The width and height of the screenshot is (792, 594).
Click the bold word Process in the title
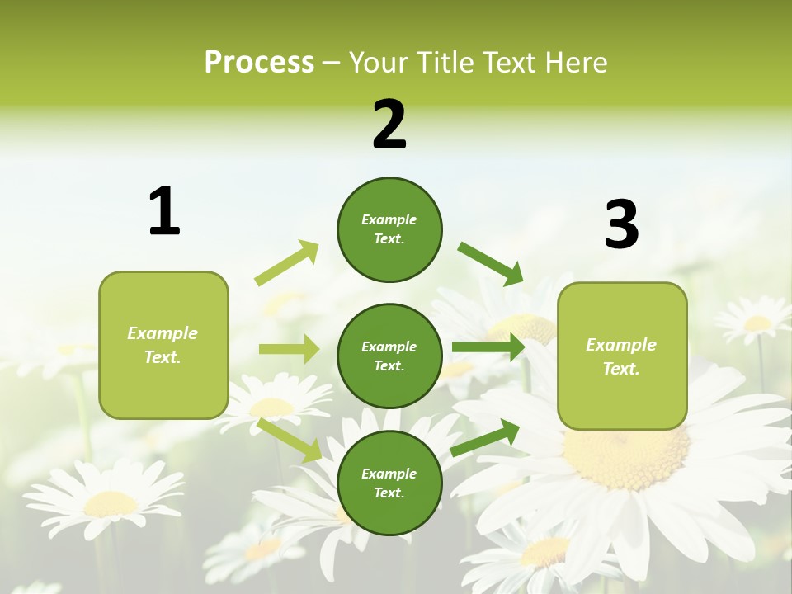[259, 62]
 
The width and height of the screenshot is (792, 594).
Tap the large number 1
[164, 211]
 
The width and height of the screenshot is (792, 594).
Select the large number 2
[389, 125]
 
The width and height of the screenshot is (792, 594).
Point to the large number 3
[621, 224]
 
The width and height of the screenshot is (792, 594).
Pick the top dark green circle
[389, 229]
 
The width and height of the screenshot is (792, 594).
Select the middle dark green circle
[389, 356]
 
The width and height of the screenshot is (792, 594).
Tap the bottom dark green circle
[389, 483]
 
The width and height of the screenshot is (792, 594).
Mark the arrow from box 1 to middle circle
[289, 349]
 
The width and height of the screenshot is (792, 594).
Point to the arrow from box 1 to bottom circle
[289, 439]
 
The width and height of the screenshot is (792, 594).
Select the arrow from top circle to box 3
[491, 264]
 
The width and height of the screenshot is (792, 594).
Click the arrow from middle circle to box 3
[488, 347]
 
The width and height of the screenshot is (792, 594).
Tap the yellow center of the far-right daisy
[757, 323]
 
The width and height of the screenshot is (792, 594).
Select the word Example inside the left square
[163, 333]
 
